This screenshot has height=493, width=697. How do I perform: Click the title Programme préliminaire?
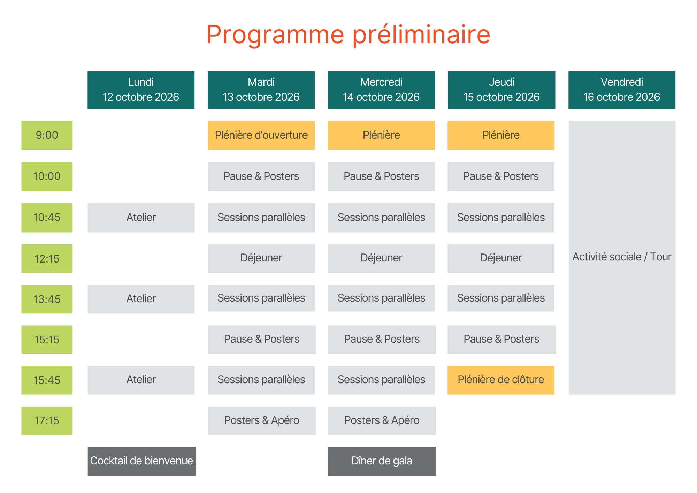pos(348,35)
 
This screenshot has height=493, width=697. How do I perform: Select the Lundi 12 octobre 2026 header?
pos(141,90)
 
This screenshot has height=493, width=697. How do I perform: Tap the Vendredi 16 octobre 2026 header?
pos(622,90)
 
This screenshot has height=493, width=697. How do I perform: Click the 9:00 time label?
pos(47,135)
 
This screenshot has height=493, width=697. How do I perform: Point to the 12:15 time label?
pos(47,259)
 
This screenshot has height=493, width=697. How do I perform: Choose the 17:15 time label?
pos(47,421)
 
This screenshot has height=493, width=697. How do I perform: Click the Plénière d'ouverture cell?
pos(261,135)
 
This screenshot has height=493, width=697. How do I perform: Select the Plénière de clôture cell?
pos(501,380)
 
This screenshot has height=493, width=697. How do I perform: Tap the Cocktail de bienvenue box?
pos(141,461)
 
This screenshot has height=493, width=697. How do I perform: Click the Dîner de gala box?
pos(382,461)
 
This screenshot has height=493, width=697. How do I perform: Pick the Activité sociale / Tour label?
pos(622,257)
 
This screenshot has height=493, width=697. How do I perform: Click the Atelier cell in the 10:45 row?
pos(141,218)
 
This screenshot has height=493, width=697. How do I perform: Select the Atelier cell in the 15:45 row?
pos(141,380)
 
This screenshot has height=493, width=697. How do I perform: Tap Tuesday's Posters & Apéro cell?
pos(262,421)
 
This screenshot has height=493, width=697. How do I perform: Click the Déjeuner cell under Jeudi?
pos(501,259)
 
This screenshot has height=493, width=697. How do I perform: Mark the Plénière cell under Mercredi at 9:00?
pos(381,135)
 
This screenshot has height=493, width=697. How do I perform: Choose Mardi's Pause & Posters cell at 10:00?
pos(261,176)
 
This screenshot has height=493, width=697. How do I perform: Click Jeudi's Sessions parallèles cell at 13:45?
pos(501,298)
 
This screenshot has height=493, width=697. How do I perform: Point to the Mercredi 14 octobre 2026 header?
pos(381,90)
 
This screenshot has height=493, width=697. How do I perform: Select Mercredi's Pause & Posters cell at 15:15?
pos(382,340)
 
